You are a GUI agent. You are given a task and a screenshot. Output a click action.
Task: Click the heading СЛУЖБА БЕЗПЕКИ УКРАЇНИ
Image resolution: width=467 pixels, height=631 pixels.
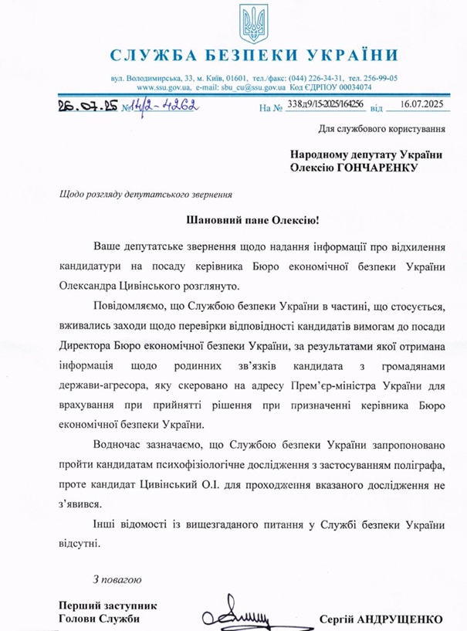click(x=254, y=56)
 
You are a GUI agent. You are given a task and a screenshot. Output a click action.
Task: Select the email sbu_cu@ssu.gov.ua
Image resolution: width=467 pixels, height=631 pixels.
click(x=247, y=89)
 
